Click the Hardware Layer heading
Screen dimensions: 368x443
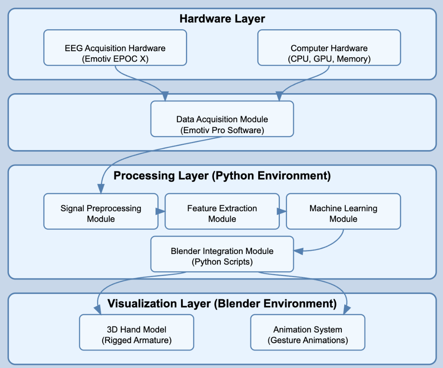(222, 19)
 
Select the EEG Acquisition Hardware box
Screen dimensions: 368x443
(115, 48)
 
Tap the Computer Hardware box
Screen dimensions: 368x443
(329, 48)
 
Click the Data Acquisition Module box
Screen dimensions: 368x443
(222, 119)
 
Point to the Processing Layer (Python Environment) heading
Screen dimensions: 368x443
(222, 176)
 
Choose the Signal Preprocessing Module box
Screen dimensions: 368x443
(101, 212)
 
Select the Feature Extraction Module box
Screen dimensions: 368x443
(222, 212)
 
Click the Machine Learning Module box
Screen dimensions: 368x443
(343, 212)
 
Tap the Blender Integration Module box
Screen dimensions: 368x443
(222, 254)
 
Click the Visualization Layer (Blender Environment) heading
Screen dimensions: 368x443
(222, 304)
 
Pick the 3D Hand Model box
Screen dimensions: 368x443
(136, 332)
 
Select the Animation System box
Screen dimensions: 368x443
(307, 332)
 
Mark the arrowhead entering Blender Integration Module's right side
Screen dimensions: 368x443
(298, 251)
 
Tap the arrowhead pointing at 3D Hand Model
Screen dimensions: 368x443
(98, 310)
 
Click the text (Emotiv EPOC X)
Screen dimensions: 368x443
(115, 59)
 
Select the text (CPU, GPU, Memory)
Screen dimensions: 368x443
(329, 59)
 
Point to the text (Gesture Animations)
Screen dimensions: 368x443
(307, 340)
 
